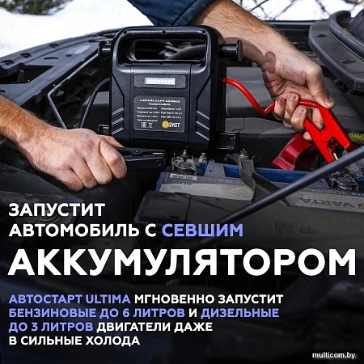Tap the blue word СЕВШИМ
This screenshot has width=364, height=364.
(202, 231)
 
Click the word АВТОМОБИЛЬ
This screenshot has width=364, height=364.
(67, 231)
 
